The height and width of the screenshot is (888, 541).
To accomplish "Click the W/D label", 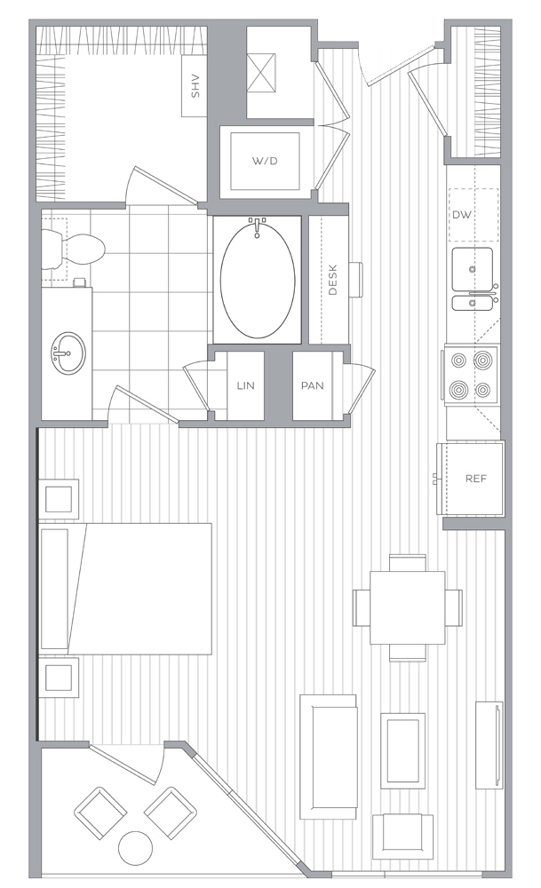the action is [265, 161].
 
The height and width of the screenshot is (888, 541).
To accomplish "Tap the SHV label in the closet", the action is [195, 86].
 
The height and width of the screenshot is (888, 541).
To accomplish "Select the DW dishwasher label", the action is [462, 215].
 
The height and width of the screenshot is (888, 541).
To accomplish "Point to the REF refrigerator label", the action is [476, 479].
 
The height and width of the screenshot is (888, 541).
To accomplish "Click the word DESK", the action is [332, 280].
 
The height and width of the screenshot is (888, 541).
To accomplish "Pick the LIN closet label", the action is [245, 385].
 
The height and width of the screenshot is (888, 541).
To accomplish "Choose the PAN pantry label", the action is [312, 385].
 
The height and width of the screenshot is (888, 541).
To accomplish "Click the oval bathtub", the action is [258, 281].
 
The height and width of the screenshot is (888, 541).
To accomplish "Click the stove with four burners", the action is [471, 375].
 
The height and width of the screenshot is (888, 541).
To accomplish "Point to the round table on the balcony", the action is [135, 848].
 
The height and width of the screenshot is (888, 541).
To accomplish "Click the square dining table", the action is [408, 607].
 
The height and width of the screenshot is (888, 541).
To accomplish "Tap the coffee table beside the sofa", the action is [402, 750].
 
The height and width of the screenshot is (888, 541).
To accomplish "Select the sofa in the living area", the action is [328, 757].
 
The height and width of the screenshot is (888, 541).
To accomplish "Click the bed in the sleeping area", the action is [126, 589].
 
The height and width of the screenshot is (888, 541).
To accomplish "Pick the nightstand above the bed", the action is [59, 499].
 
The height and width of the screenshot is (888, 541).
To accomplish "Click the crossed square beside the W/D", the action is [261, 73].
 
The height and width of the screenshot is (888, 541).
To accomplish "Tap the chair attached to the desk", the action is [355, 279].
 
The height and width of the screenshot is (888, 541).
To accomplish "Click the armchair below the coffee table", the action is [402, 836].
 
